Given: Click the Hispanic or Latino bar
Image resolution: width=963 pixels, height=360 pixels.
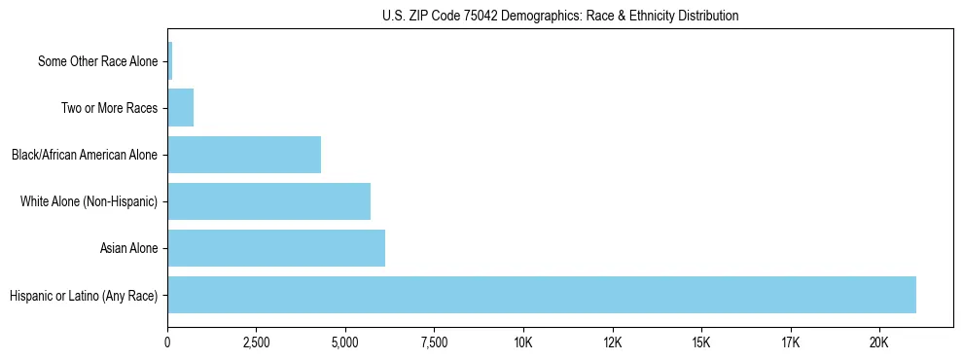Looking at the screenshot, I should pyautogui.click(x=542, y=295).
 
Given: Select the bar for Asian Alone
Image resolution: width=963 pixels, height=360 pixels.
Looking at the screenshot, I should pyautogui.click(x=276, y=248).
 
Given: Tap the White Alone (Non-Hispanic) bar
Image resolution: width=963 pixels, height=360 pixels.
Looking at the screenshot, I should pyautogui.click(x=268, y=201).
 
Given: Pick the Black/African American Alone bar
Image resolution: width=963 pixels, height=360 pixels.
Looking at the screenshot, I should pyautogui.click(x=244, y=155).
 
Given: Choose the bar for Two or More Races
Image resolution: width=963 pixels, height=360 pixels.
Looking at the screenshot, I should pyautogui.click(x=181, y=108).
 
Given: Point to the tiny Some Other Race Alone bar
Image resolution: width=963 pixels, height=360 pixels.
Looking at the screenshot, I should pyautogui.click(x=170, y=61).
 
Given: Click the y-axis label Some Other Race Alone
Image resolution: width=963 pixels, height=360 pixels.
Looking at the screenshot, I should pyautogui.click(x=97, y=61).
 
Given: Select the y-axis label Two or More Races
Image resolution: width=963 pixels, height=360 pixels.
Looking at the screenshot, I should pyautogui.click(x=109, y=108).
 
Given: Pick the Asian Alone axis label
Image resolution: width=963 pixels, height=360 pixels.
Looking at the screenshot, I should pyautogui.click(x=128, y=248).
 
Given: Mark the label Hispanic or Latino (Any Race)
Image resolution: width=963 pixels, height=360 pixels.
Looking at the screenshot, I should pyautogui.click(x=83, y=295).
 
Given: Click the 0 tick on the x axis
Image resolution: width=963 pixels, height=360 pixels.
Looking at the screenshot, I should pyautogui.click(x=167, y=342).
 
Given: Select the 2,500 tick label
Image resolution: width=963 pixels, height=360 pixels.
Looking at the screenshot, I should pyautogui.click(x=256, y=342).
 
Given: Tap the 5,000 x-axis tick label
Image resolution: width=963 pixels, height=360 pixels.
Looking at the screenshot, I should pyautogui.click(x=345, y=342).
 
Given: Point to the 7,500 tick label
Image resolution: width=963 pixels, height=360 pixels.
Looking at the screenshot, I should pyautogui.click(x=434, y=342).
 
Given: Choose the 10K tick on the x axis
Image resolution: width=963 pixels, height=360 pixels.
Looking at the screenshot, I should pyautogui.click(x=523, y=342).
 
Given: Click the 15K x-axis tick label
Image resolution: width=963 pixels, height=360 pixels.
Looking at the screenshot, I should pyautogui.click(x=701, y=342).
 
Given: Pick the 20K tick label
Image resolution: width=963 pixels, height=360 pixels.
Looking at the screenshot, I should pyautogui.click(x=879, y=342).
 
